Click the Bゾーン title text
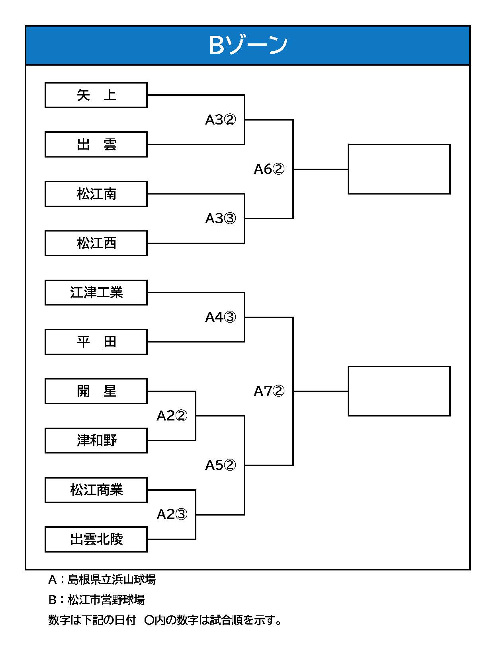coord(248,45)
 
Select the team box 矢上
coord(96,95)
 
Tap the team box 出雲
coord(96,144)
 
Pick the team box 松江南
coord(96,194)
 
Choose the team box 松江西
coord(96,243)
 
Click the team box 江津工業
coord(96,293)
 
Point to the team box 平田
coord(96,342)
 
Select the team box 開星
coord(96,391)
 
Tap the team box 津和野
coord(96,440)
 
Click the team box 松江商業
coord(96,490)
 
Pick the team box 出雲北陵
coord(96,539)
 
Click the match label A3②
coord(221,120)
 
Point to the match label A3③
coord(221,218)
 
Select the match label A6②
coord(269,169)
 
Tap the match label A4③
coord(221,317)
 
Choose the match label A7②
coord(269,391)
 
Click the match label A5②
coord(221,465)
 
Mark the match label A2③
coord(172,515)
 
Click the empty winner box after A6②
coord(399,169)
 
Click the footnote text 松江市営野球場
coord(106,600)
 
